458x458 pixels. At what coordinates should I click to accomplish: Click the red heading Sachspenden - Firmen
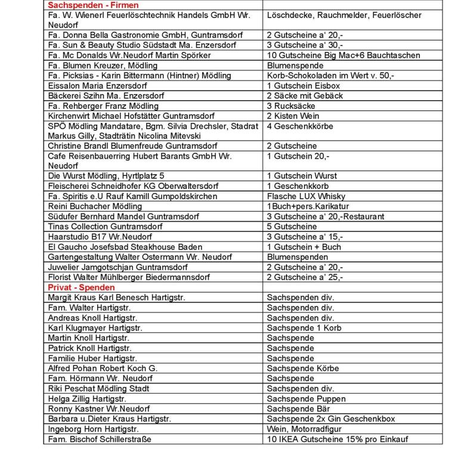pos(92,5)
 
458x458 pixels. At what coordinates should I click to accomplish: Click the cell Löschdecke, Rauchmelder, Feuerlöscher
pos(343,15)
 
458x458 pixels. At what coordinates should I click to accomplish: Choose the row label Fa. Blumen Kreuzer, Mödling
pos(103,66)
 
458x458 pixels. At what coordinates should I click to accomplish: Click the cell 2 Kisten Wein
pos(293,116)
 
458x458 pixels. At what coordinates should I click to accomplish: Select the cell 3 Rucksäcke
pos(292,106)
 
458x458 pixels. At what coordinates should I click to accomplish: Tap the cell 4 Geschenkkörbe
pos(299,126)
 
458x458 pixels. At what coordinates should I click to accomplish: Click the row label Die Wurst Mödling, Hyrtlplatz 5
pos(106,176)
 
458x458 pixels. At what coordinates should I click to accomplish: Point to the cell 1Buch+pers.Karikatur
pos(308,206)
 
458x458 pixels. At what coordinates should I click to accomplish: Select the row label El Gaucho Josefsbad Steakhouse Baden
pos(125,247)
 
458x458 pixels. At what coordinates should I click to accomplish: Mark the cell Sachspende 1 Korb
pos(304,328)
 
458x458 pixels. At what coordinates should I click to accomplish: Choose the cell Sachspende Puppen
pos(306,399)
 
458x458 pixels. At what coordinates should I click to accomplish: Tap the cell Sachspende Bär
pos(298,409)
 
